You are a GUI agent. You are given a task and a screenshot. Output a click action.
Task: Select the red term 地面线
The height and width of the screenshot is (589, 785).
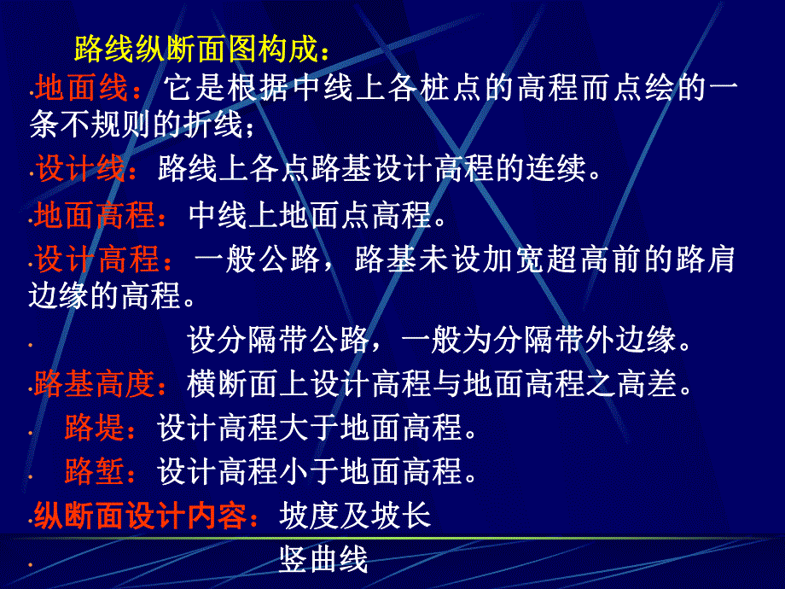click(x=81, y=88)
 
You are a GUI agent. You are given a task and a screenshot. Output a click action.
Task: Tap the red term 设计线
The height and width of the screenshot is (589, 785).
click(x=80, y=167)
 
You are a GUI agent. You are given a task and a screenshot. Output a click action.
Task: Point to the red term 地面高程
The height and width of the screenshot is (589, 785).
click(x=94, y=215)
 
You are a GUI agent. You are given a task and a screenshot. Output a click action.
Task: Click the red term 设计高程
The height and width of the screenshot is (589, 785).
click(x=96, y=259)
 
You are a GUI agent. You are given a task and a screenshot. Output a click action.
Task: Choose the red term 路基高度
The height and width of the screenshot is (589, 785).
click(x=94, y=383)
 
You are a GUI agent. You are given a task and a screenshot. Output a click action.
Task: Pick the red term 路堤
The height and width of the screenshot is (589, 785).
click(x=94, y=427)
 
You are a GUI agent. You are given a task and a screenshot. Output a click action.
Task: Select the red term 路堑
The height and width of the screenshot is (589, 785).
click(x=94, y=471)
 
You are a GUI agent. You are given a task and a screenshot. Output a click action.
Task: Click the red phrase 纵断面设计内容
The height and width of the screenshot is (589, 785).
click(x=140, y=516)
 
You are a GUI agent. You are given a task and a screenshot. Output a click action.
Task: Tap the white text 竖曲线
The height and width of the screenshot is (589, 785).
click(x=323, y=559)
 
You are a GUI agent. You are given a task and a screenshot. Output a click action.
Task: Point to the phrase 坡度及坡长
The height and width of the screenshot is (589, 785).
click(x=355, y=516)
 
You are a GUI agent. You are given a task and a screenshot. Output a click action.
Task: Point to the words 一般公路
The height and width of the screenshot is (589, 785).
click(x=257, y=259)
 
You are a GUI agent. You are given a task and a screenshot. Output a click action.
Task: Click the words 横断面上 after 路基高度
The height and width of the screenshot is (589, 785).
click(x=247, y=383)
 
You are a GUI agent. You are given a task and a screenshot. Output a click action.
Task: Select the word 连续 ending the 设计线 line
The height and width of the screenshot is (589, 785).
click(x=556, y=167)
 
